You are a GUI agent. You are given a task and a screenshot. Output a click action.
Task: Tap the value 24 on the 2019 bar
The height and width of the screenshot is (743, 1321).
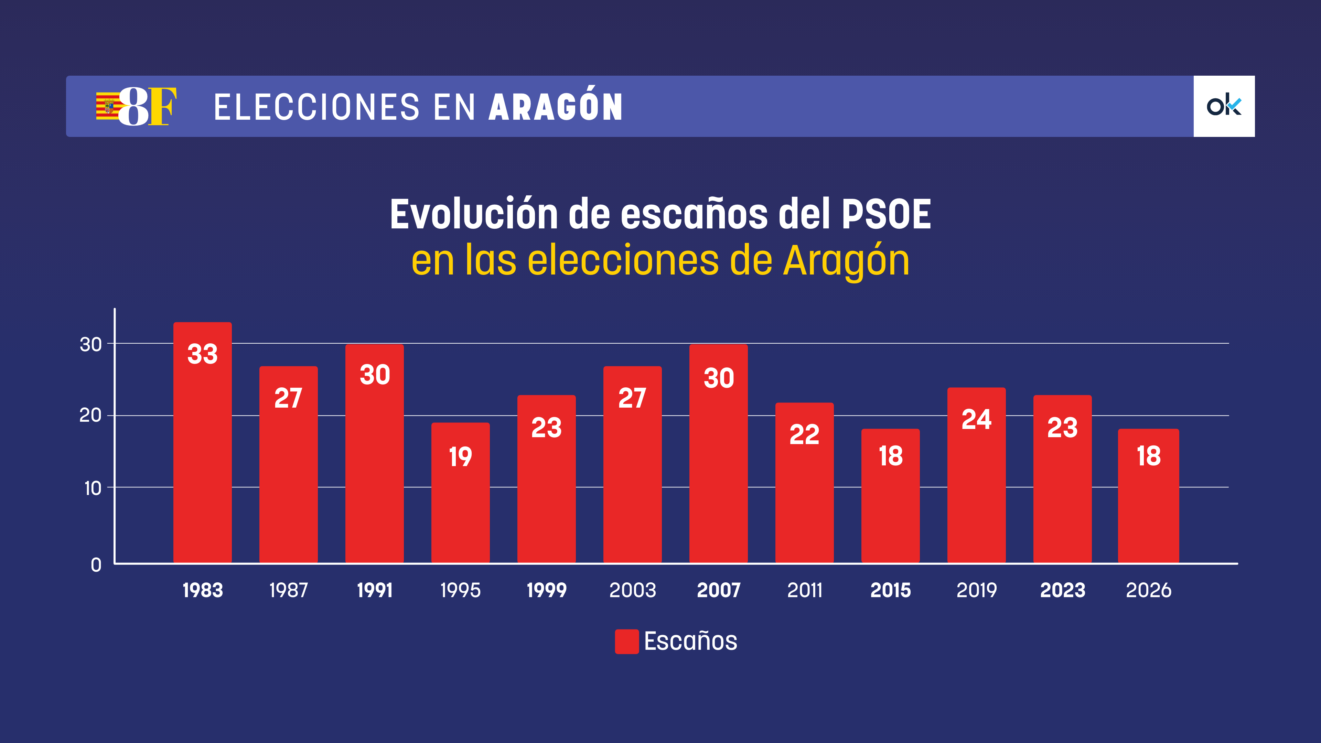(976, 419)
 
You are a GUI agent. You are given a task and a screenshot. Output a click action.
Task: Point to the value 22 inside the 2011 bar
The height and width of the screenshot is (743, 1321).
(804, 435)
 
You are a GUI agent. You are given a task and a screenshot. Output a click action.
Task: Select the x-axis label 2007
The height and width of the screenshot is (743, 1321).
(718, 590)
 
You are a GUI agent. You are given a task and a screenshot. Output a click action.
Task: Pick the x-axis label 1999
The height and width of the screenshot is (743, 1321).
(546, 590)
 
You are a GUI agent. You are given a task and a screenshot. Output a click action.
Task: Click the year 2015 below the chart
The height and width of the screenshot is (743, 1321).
(890, 590)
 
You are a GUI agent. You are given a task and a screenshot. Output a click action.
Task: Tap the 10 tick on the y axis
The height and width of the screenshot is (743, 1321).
(92, 488)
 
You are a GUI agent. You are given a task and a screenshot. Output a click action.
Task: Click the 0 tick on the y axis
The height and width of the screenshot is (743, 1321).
(96, 565)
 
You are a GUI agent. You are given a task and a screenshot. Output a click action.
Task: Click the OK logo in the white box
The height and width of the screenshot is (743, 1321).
(1224, 106)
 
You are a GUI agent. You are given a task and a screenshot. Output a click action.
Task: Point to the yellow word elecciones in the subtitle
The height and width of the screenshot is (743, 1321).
(623, 260)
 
